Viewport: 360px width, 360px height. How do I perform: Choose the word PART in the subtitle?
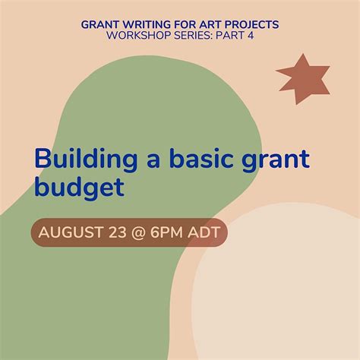point(229,36)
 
